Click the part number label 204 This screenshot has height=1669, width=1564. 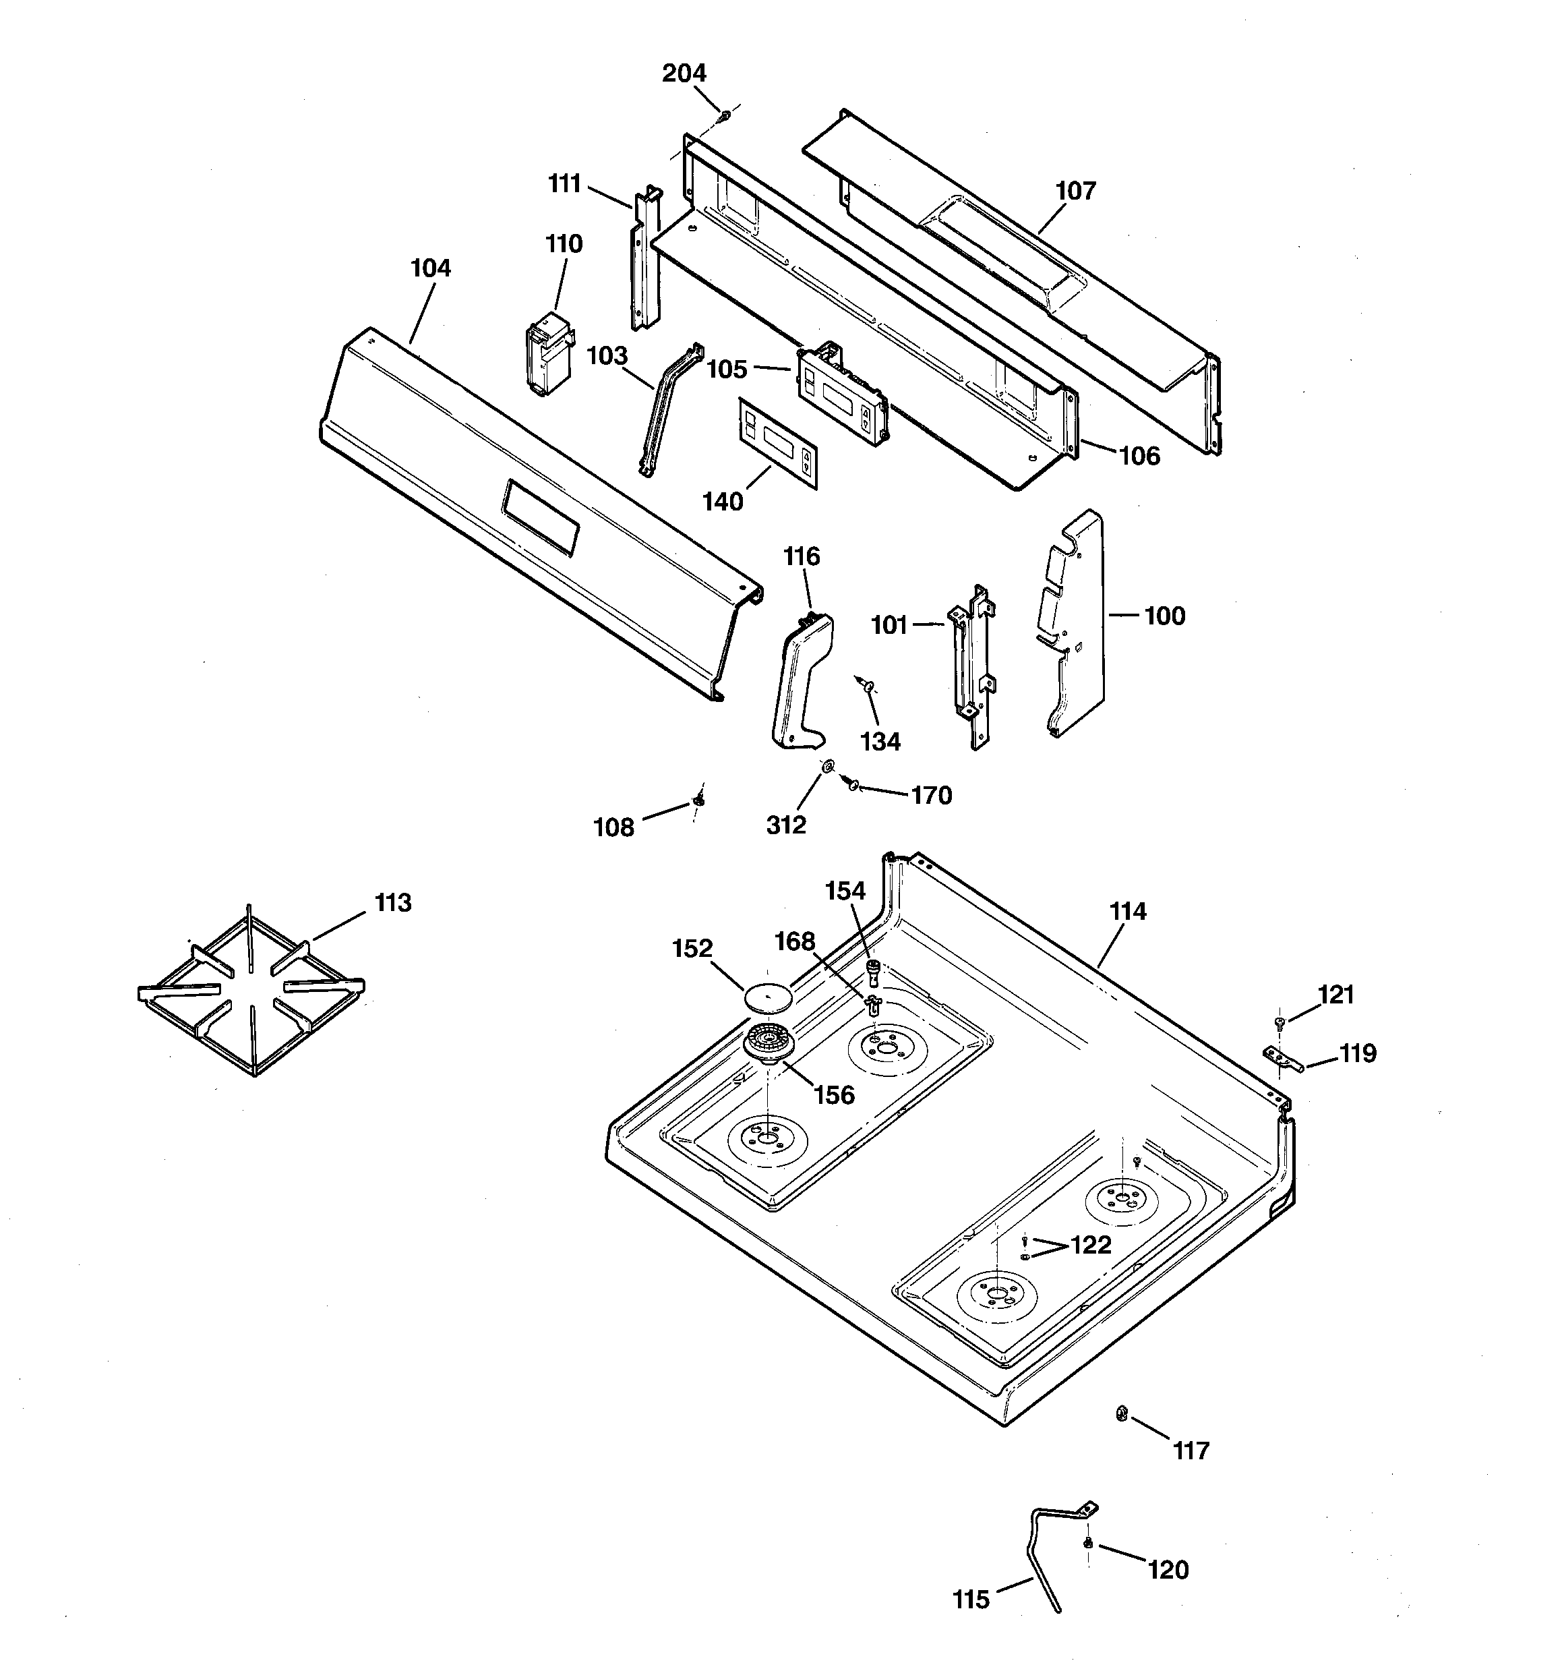pyautogui.click(x=684, y=74)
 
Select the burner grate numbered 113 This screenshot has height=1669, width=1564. pyautogui.click(x=250, y=991)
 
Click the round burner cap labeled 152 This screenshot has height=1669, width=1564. pyautogui.click(x=768, y=997)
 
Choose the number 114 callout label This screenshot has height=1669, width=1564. pyautogui.click(x=1127, y=911)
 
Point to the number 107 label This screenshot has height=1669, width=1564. pyautogui.click(x=1075, y=192)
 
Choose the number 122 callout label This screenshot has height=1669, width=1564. pyautogui.click(x=1091, y=1245)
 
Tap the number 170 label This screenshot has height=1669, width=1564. pyautogui.click(x=931, y=795)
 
